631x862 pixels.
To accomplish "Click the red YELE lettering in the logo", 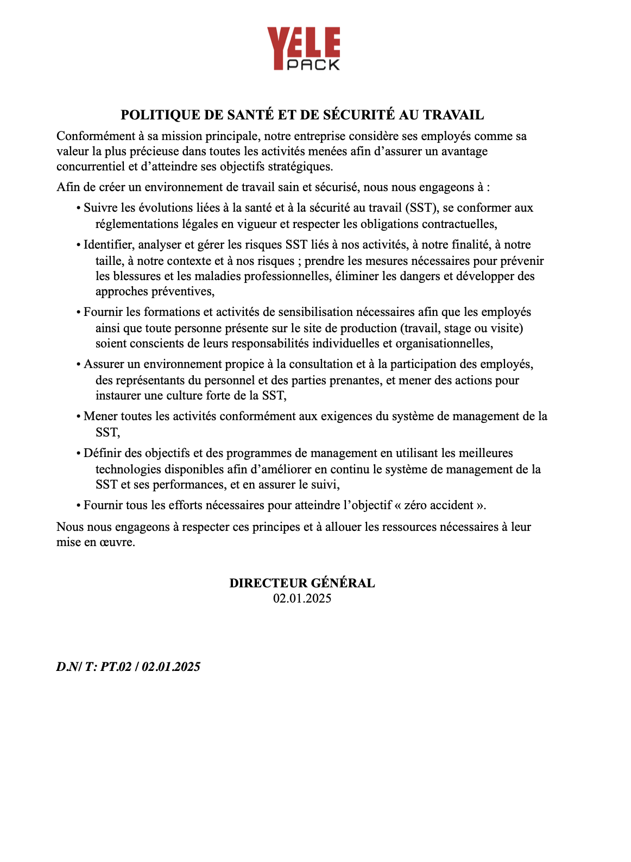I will pos(303,42).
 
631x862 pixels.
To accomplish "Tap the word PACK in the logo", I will pos(313,65).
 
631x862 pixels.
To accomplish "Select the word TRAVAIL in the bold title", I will pos(453,115).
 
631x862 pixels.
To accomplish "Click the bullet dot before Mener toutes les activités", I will pos(79,417).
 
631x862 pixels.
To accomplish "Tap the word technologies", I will pos(128,470).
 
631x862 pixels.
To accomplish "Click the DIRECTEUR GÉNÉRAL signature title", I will pos(302,584).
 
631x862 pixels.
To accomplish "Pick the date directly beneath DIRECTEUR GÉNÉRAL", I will pos(302,599).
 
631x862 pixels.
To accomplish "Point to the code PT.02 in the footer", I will pos(116,667).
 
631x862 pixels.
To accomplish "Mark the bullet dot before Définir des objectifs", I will pos(79,454).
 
